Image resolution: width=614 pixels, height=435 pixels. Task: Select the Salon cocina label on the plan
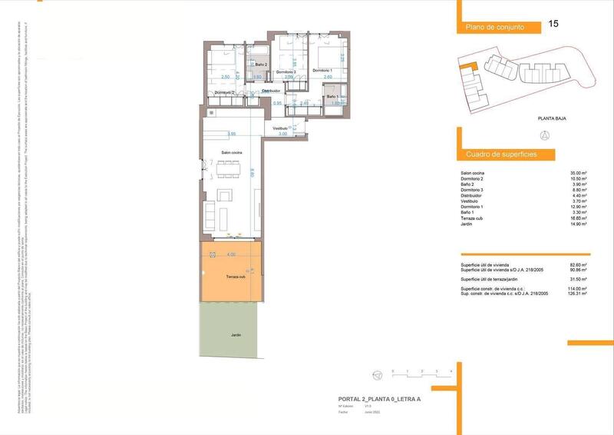point(232,154)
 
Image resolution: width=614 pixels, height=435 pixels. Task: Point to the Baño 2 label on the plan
point(260,65)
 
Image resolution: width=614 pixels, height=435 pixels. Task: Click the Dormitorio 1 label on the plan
point(322,71)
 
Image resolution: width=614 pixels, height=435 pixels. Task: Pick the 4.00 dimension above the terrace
point(231,254)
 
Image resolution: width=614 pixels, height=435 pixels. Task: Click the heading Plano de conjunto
point(495,28)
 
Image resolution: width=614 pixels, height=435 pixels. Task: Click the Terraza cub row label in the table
point(472,218)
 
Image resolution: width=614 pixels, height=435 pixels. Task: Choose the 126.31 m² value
point(577,294)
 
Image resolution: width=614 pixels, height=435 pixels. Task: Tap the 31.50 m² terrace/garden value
point(579,279)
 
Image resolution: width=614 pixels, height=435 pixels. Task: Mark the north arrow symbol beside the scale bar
point(377,374)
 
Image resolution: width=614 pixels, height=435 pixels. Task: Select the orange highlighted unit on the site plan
point(466,68)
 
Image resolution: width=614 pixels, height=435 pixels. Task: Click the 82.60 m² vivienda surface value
point(579,264)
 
